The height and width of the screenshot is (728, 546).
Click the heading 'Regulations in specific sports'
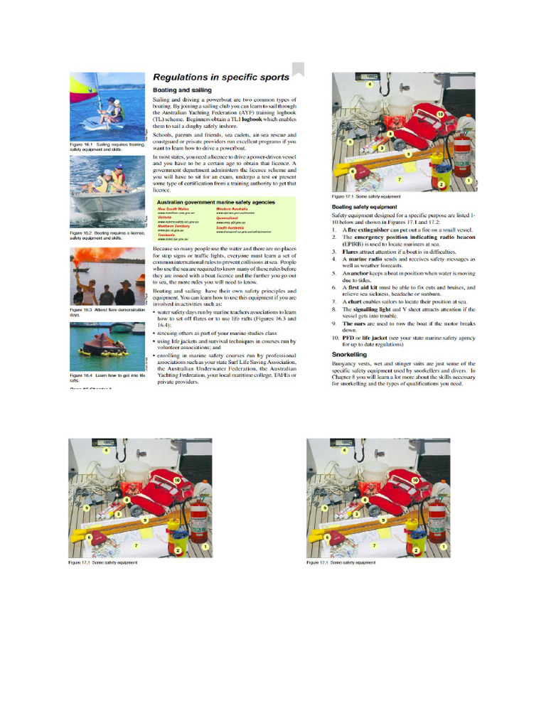pyautogui.click(x=221, y=77)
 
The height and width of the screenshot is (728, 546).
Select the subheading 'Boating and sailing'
pyautogui.click(x=182, y=90)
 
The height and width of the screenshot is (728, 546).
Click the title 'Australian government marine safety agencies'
pyautogui.click(x=216, y=203)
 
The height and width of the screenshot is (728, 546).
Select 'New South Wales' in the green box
pyautogui.click(x=173, y=209)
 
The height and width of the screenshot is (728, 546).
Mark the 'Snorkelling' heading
pyautogui.click(x=350, y=353)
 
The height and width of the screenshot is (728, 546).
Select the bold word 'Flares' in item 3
pyautogui.click(x=350, y=252)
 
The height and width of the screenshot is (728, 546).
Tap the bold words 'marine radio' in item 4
pyautogui.click(x=364, y=259)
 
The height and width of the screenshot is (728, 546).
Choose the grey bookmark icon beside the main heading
pyautogui.click(x=298, y=69)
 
